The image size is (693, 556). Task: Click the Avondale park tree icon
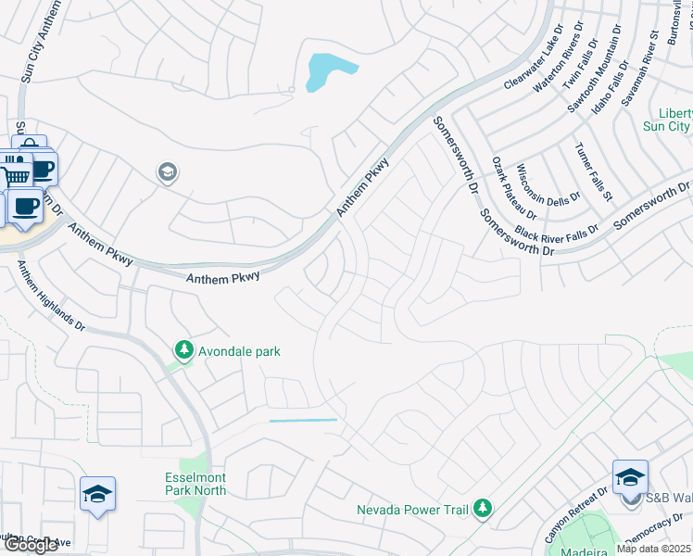(x=184, y=351)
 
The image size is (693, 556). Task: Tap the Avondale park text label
(x=237, y=352)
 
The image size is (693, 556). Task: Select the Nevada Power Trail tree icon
(x=482, y=508)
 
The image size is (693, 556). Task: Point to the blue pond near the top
(x=329, y=70)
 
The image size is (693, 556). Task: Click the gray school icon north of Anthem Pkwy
(x=168, y=173)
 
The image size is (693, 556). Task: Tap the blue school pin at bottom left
(x=96, y=495)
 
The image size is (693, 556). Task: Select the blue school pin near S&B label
(x=630, y=477)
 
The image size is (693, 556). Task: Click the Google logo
(x=30, y=545)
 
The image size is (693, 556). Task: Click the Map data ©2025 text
(x=654, y=549)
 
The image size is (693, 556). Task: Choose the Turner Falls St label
(x=593, y=171)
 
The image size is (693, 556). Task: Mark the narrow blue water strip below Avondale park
(x=303, y=421)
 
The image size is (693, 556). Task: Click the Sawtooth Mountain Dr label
(x=593, y=69)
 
